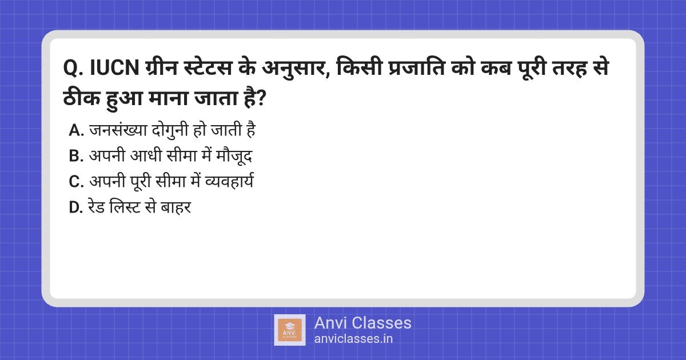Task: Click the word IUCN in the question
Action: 114,67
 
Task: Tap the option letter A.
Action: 76,130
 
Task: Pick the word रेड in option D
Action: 97,207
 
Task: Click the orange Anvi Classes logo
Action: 290,330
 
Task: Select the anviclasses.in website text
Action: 353,339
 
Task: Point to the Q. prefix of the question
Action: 74,68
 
